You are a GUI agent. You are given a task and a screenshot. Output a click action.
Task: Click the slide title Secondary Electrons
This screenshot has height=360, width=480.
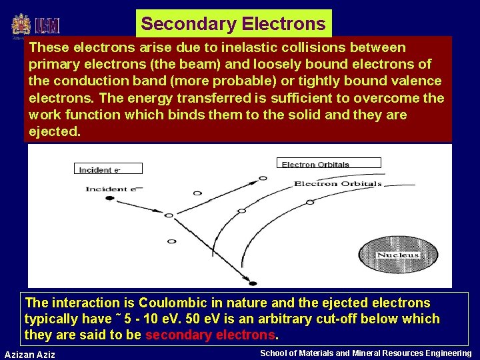click(233, 24)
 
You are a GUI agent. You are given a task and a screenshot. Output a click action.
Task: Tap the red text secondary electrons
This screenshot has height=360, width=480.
click(209, 335)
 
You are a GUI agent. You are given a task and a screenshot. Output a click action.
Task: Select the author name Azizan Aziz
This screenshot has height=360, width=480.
click(29, 354)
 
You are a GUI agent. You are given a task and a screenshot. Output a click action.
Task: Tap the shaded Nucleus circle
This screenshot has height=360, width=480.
click(398, 255)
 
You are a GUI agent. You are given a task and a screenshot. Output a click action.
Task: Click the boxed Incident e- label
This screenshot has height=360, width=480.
click(99, 169)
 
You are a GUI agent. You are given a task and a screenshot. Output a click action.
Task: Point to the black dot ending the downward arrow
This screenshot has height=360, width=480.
click(253, 282)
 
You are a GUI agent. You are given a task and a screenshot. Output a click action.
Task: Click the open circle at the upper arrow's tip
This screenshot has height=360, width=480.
click(263, 178)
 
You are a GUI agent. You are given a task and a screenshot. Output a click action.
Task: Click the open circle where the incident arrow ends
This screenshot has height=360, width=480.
click(169, 215)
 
